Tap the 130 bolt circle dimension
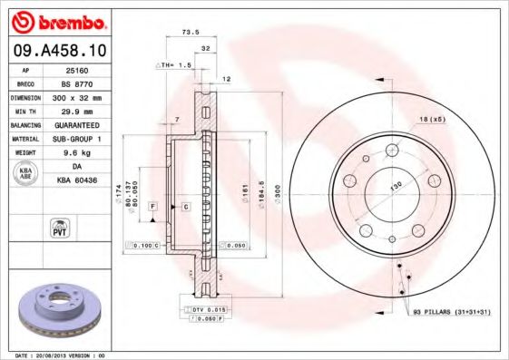[395, 186]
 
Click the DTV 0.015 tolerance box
[209, 310]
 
